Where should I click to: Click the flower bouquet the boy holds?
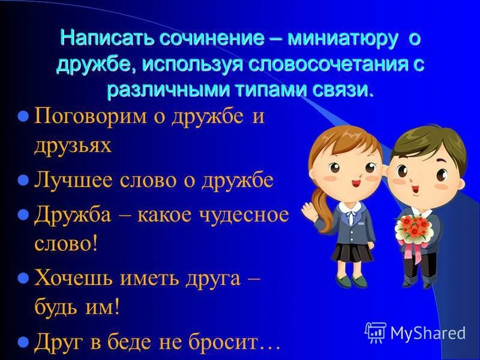coord(414,228)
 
